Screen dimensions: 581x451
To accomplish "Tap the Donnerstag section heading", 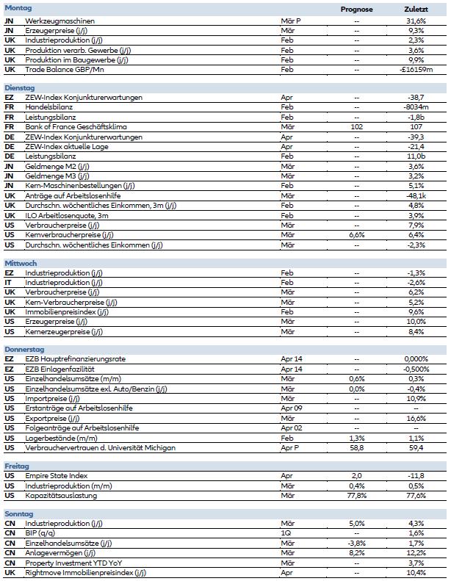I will click(x=24, y=349).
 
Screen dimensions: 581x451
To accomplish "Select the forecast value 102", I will click(x=357, y=126).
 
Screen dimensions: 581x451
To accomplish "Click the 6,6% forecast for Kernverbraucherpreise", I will click(x=357, y=234).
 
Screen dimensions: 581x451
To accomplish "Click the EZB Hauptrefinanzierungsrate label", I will click(x=76, y=359).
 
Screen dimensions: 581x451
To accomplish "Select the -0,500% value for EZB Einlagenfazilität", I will click(x=416, y=369).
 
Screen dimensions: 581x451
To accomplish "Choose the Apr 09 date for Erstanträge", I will click(x=292, y=408).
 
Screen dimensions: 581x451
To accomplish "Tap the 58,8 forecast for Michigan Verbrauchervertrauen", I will click(x=357, y=447).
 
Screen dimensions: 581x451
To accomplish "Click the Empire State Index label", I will click(x=56, y=475).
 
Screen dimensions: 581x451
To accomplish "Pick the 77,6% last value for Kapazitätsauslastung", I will click(x=416, y=495).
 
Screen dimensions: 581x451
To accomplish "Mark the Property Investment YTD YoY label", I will click(x=68, y=562).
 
